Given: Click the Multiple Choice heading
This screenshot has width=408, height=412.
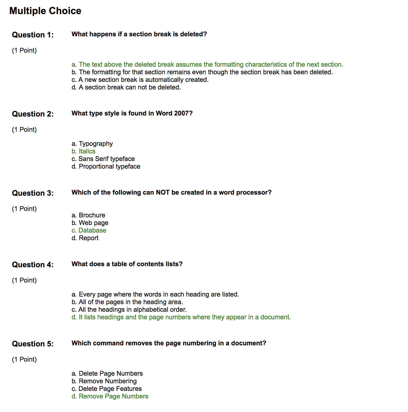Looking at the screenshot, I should (45, 11).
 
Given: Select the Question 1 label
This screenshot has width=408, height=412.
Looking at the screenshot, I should (33, 35).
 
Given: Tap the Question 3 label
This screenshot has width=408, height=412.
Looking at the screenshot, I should (33, 193).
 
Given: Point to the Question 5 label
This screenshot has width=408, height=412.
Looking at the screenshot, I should (33, 344).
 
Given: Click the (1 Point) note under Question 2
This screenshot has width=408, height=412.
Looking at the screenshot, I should (24, 130).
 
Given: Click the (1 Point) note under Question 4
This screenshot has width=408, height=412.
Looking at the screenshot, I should (24, 280).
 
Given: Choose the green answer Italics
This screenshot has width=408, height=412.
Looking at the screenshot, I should (84, 151).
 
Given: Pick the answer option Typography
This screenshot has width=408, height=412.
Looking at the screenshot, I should (92, 144).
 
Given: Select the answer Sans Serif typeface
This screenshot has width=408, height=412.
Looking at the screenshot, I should (103, 159).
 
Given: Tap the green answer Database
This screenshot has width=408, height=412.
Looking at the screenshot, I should (89, 230).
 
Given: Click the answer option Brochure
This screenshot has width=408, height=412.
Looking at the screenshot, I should (88, 215).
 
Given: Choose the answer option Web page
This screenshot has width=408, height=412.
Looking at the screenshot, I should (90, 223).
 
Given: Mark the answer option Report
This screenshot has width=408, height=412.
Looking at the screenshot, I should (85, 238).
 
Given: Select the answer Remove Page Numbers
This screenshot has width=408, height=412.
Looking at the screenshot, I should (110, 396).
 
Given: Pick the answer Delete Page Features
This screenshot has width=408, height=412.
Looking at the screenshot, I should (107, 389).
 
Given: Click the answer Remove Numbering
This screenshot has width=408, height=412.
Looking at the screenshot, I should (104, 381).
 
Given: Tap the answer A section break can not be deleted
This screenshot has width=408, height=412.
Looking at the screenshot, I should (126, 87).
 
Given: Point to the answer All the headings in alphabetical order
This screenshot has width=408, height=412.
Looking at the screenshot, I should (129, 310).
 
